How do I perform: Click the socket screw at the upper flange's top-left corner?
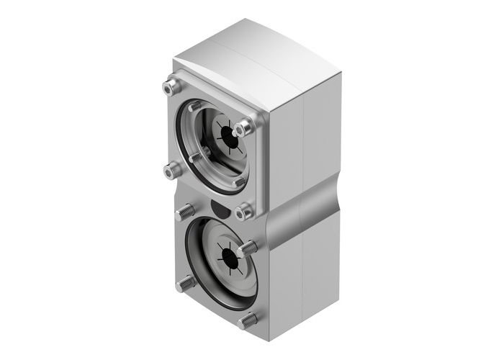pos(169,89)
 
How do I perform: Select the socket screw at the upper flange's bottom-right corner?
pos(245,211)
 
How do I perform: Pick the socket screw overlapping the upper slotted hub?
pos(243,128)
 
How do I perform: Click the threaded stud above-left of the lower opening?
pos(184,212)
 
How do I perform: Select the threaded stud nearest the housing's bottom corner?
pos(249,320)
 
